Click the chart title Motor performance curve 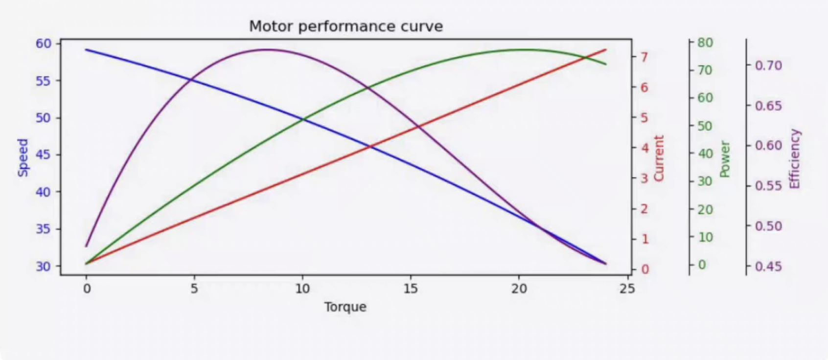[x=345, y=26]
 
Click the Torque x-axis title [x=345, y=307]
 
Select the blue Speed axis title [x=23, y=157]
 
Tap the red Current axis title [x=659, y=158]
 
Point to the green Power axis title [x=725, y=159]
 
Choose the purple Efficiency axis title [x=794, y=158]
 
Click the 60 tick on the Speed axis [x=43, y=44]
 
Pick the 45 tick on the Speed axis [x=43, y=155]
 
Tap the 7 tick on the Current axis [x=644, y=57]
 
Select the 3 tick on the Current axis [x=644, y=179]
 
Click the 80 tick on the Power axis [x=705, y=43]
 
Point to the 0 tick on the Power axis [x=702, y=265]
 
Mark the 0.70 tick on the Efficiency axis [x=768, y=65]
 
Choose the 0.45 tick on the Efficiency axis [x=768, y=267]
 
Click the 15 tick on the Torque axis [x=411, y=289]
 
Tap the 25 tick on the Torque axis [x=627, y=289]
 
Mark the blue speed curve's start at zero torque [x=87, y=49]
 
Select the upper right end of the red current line [x=605, y=49]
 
